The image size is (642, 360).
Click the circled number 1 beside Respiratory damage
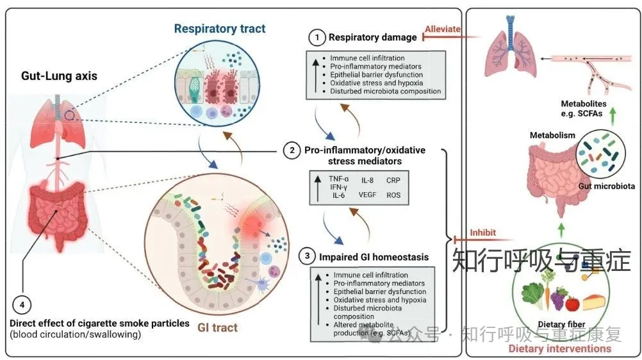[315, 38]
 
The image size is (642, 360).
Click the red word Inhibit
[483, 233]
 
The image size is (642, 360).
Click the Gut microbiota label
[605, 186]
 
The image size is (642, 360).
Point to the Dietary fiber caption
[560, 324]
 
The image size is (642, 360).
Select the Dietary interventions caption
[559, 348]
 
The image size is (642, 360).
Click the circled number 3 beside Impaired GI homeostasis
[308, 257]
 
